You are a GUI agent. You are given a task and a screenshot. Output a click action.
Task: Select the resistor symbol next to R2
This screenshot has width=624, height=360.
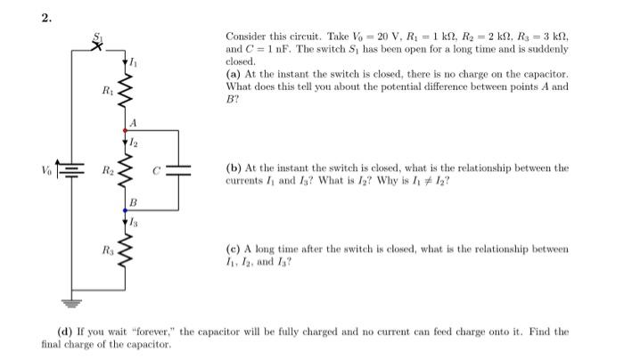click(x=126, y=169)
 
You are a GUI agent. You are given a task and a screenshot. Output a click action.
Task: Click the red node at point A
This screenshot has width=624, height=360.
click(x=126, y=131)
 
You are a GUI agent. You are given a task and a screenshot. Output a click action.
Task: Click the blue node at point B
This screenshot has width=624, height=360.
click(x=126, y=209)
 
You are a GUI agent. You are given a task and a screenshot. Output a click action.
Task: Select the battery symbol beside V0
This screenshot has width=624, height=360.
click(x=71, y=168)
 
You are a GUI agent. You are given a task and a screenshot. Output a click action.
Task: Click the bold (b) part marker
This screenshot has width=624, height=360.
click(x=234, y=168)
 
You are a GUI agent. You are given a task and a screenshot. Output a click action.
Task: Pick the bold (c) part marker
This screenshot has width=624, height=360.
click(x=234, y=249)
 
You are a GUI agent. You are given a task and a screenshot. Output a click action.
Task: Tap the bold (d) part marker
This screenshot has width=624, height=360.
click(x=64, y=331)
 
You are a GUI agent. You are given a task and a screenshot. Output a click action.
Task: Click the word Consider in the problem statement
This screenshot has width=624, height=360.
click(x=244, y=37)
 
